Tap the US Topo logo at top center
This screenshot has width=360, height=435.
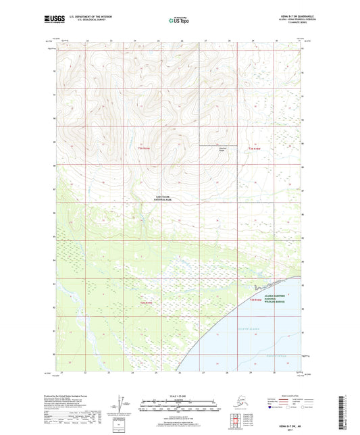[179, 21]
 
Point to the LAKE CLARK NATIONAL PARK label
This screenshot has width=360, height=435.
[163, 199]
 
